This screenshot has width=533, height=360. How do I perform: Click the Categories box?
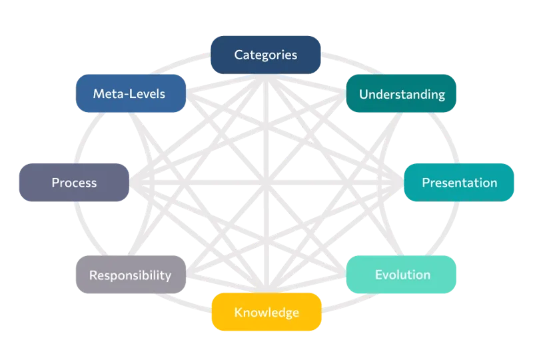pyautogui.click(x=266, y=55)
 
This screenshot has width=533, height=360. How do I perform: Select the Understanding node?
pyautogui.click(x=402, y=94)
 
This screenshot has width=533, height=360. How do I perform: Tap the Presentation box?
pyautogui.click(x=460, y=182)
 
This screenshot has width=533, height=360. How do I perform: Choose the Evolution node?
pyautogui.click(x=402, y=275)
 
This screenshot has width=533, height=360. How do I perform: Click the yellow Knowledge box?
pyautogui.click(x=266, y=312)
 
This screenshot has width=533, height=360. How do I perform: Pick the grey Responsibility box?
pyautogui.click(x=131, y=275)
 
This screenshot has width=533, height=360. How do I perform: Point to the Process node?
pyautogui.click(x=73, y=182)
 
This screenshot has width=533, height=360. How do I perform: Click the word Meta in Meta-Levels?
pyautogui.click(x=106, y=94)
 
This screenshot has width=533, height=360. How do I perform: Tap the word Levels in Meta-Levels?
pyautogui.click(x=146, y=94)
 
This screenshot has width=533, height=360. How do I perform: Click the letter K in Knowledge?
pyautogui.click(x=238, y=313)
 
